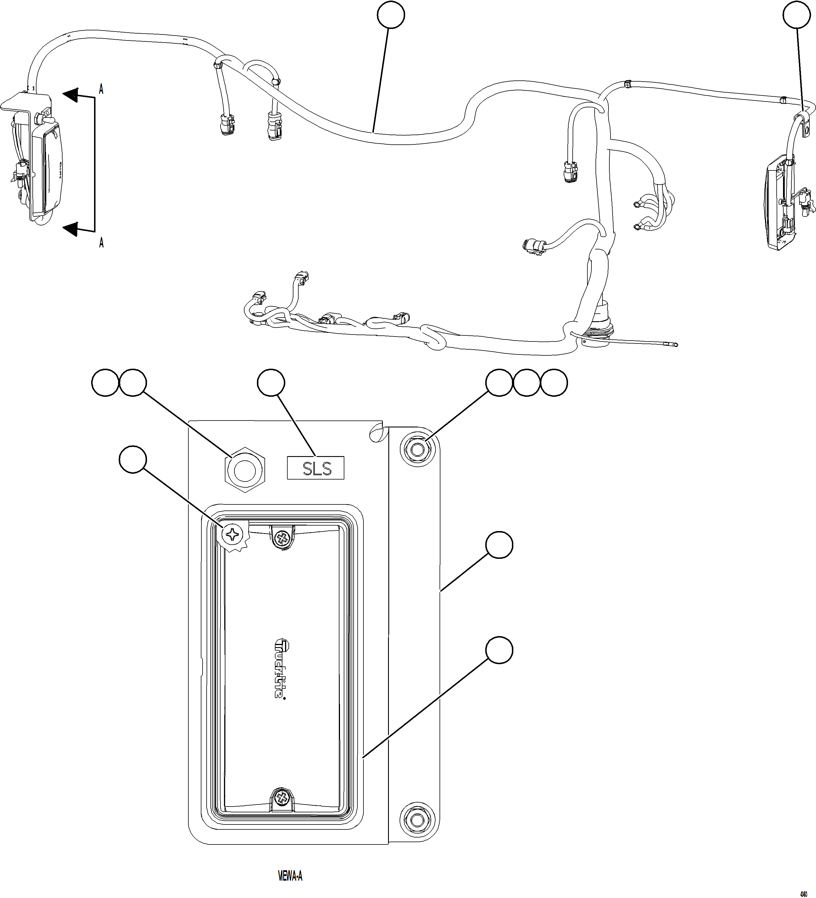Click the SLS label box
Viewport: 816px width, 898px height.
[x=315, y=468]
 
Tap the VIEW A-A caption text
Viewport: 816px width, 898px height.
[x=290, y=876]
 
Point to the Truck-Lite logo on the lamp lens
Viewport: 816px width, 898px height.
[x=280, y=669]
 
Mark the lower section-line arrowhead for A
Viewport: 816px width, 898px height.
[x=71, y=229]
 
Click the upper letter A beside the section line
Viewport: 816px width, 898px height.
[x=101, y=89]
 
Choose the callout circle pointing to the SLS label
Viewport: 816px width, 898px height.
[x=271, y=383]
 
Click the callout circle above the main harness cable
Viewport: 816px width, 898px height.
[x=391, y=15]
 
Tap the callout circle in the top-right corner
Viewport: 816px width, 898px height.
[x=796, y=15]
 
